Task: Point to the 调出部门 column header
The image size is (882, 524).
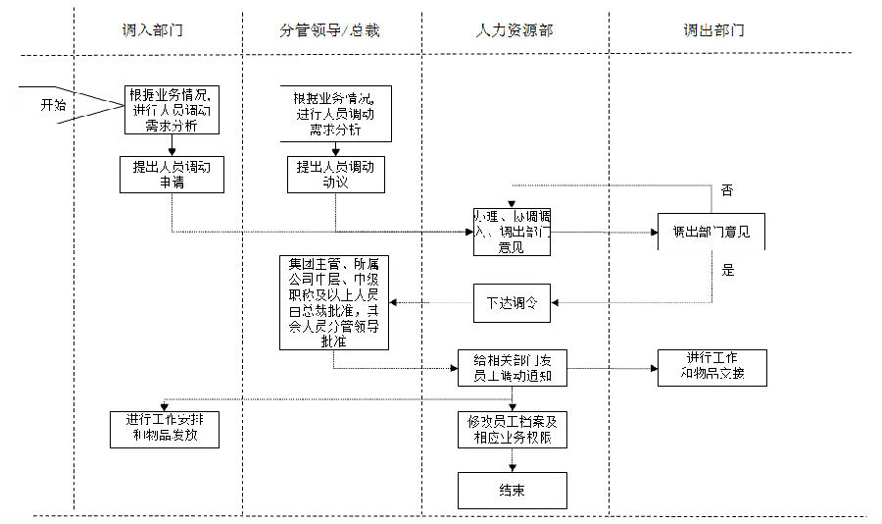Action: [713, 30]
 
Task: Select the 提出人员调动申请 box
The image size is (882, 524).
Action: [171, 174]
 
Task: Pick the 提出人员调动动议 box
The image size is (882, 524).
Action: [335, 174]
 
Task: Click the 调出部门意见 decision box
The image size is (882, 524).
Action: [711, 233]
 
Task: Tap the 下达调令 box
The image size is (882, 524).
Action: [513, 302]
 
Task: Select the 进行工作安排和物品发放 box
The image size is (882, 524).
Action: [164, 427]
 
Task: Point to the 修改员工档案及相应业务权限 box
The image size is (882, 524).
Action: [513, 429]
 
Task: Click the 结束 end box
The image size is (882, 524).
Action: [513, 490]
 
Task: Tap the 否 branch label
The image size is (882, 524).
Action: [726, 189]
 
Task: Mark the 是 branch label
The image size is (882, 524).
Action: [727, 270]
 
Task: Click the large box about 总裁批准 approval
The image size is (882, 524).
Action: [334, 302]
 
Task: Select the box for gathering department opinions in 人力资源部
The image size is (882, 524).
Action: [512, 232]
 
